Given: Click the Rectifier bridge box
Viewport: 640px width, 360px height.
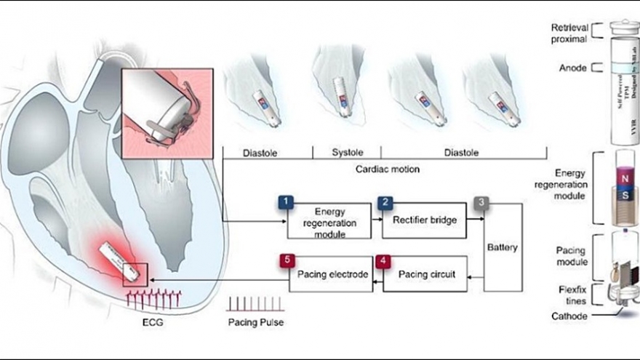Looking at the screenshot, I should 415,220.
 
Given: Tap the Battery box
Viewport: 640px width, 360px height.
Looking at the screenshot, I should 504,247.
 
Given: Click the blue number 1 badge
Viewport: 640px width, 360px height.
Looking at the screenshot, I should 286,201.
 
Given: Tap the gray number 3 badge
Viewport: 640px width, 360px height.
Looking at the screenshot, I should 481,201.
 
